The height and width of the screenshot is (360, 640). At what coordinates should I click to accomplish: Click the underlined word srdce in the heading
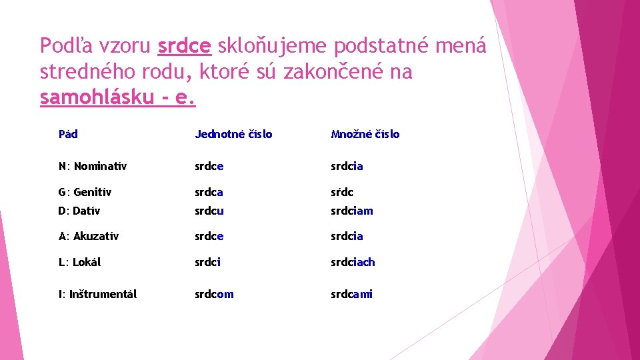pos(185,46)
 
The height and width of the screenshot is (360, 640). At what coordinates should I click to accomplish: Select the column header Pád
pos(68,134)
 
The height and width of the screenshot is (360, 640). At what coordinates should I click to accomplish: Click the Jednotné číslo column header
pos(233,134)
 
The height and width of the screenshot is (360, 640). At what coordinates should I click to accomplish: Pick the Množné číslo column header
pos(365,134)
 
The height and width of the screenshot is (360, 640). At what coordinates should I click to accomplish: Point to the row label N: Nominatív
pos(92,166)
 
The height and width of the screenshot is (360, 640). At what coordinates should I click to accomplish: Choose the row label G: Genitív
pos(85,192)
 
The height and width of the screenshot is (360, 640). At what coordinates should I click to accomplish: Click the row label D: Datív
pos(79,211)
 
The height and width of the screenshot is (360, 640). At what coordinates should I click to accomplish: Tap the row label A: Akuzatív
pos(88,236)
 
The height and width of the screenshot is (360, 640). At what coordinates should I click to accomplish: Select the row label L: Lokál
pos(79,262)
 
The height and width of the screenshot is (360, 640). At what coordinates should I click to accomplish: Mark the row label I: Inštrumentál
pos(97,294)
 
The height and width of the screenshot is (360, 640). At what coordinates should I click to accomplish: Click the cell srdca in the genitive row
pos(209,192)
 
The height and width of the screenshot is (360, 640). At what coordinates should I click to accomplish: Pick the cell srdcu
pos(209,211)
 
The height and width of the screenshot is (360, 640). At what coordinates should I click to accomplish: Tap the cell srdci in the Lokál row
pos(207,262)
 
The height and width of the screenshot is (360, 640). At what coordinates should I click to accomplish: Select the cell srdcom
pos(214,294)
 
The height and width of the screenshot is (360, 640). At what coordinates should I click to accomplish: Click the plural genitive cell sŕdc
pos(342,192)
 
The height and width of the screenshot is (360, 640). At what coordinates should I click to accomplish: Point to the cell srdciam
pos(352,211)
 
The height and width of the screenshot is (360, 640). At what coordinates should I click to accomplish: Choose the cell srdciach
pos(353,262)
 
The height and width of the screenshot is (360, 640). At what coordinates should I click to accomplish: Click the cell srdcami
pos(351,294)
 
